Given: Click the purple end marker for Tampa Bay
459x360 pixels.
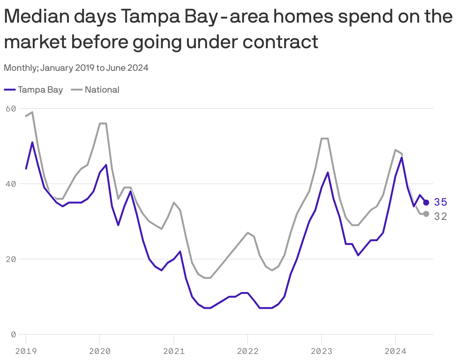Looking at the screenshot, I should (x=426, y=203).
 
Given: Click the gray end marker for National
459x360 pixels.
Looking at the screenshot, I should (x=426, y=214).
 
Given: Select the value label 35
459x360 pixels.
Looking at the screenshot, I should (x=440, y=202).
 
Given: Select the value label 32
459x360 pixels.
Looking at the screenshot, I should (x=440, y=216).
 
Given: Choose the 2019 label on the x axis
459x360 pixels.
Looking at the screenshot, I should (x=26, y=351).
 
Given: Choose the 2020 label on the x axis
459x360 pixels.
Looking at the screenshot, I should (x=100, y=351).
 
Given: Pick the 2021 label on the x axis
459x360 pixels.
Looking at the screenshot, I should (x=173, y=351).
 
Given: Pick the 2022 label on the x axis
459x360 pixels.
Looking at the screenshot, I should (x=248, y=351).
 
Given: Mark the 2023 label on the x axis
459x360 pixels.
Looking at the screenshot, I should (x=321, y=351).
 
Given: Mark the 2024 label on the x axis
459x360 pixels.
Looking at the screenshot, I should (x=395, y=351).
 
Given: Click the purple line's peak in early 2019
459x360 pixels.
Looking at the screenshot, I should (x=32, y=142).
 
